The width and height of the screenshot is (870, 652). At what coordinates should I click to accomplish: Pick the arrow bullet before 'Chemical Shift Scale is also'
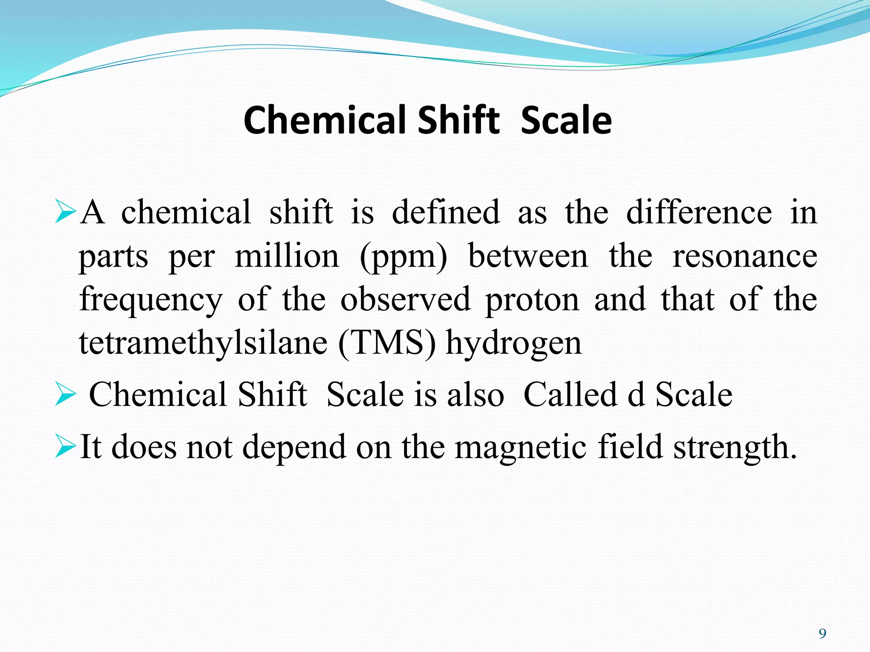coord(65,395)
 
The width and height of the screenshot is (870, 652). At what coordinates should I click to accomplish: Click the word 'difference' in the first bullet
coord(699,212)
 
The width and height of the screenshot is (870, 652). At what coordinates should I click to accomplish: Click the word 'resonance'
coord(745,257)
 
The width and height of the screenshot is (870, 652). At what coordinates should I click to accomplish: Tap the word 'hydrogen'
coord(513,344)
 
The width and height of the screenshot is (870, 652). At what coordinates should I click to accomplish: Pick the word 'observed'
coord(406,300)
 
